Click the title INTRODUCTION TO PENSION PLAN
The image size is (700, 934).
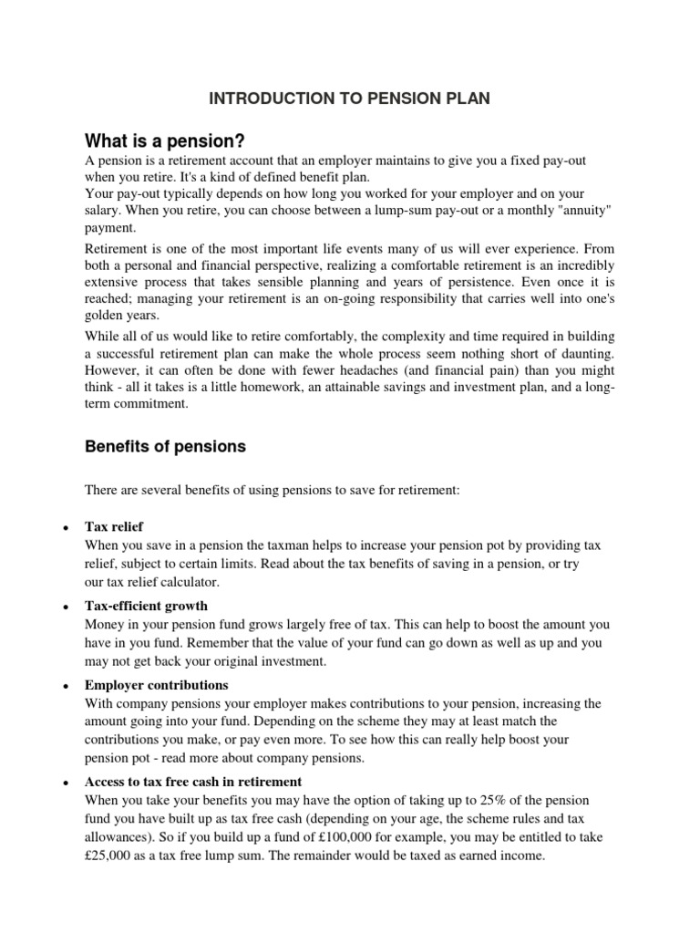point(350,99)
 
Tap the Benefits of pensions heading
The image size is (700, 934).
point(165,447)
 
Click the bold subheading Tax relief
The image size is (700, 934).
point(114,527)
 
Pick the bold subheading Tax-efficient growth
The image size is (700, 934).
point(146,606)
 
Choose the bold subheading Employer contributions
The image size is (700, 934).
point(157,685)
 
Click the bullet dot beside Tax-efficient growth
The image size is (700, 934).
point(66,607)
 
